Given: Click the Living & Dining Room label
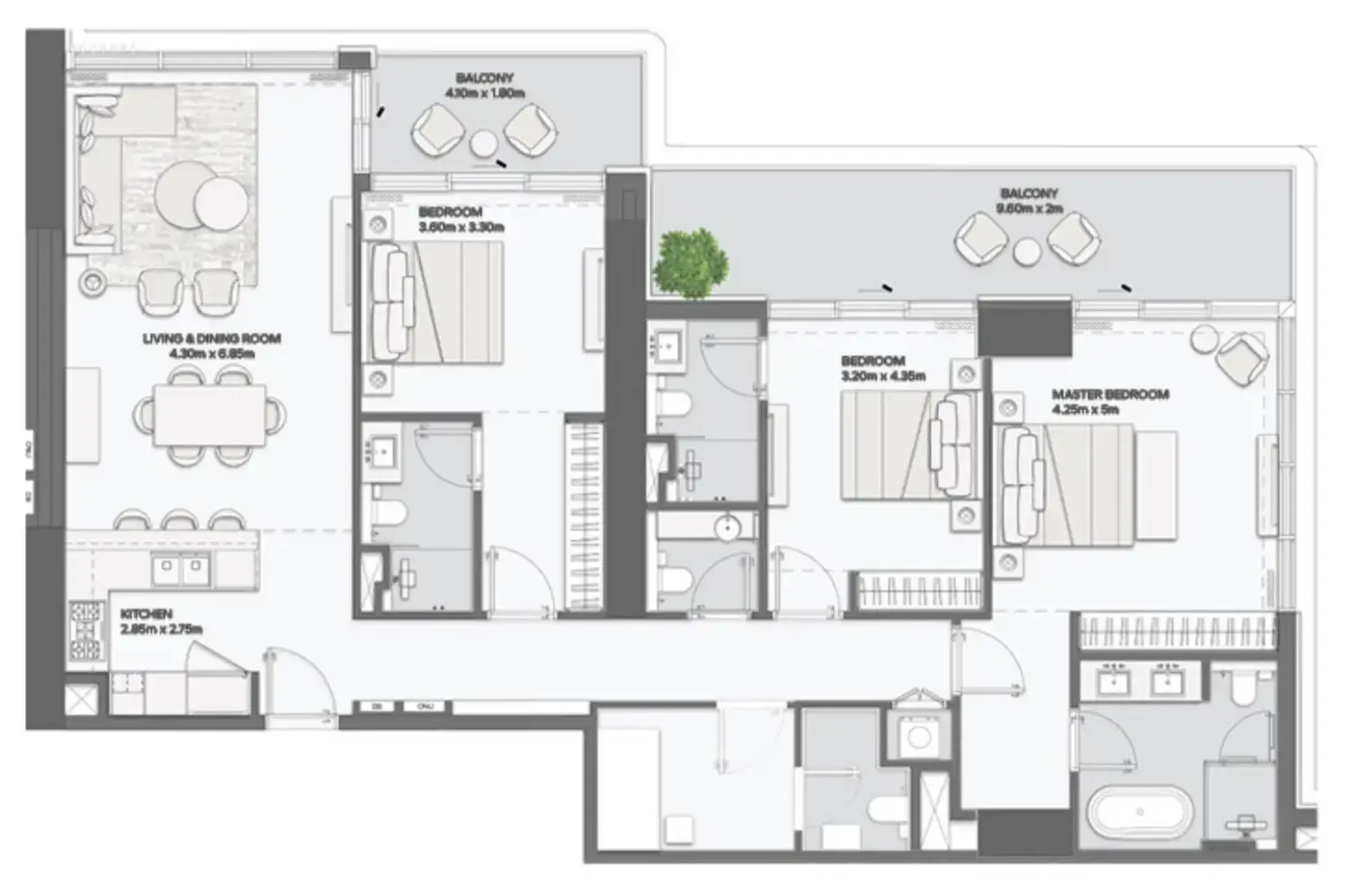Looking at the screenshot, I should click(211, 339).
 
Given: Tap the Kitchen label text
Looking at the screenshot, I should click(146, 615).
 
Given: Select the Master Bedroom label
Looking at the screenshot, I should click(1110, 394).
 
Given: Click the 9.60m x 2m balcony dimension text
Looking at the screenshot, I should click(1030, 208).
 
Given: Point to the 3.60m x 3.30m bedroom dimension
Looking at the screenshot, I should click(460, 227).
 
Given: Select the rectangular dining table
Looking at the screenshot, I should click(210, 414).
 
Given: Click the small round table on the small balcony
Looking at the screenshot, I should click(485, 144).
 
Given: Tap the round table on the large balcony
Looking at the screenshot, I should click(1026, 252).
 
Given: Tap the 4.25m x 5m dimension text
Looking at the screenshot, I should click(1085, 410).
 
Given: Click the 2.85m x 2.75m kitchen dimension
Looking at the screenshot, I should click(161, 629).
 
